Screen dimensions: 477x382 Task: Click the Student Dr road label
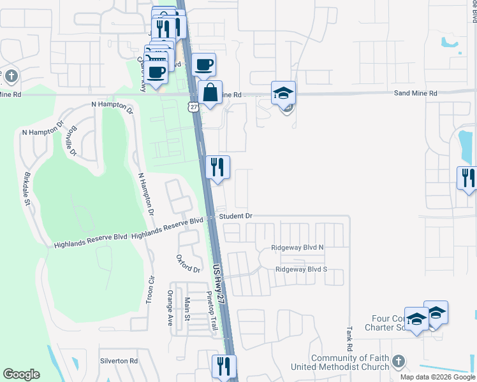(236, 216)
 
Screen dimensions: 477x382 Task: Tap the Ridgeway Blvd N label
(298, 247)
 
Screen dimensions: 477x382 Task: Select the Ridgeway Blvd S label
(301, 269)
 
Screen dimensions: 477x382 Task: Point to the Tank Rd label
(349, 340)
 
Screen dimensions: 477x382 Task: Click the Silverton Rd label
(119, 360)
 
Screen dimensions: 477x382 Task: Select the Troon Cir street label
(151, 288)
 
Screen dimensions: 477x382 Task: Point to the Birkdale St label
(27, 189)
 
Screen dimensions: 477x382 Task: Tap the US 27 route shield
(193, 106)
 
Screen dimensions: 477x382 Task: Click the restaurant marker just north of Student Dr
(217, 167)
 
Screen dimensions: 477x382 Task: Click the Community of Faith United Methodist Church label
(349, 362)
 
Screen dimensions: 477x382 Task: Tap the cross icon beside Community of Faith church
(399, 362)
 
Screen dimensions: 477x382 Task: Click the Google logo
(21, 374)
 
